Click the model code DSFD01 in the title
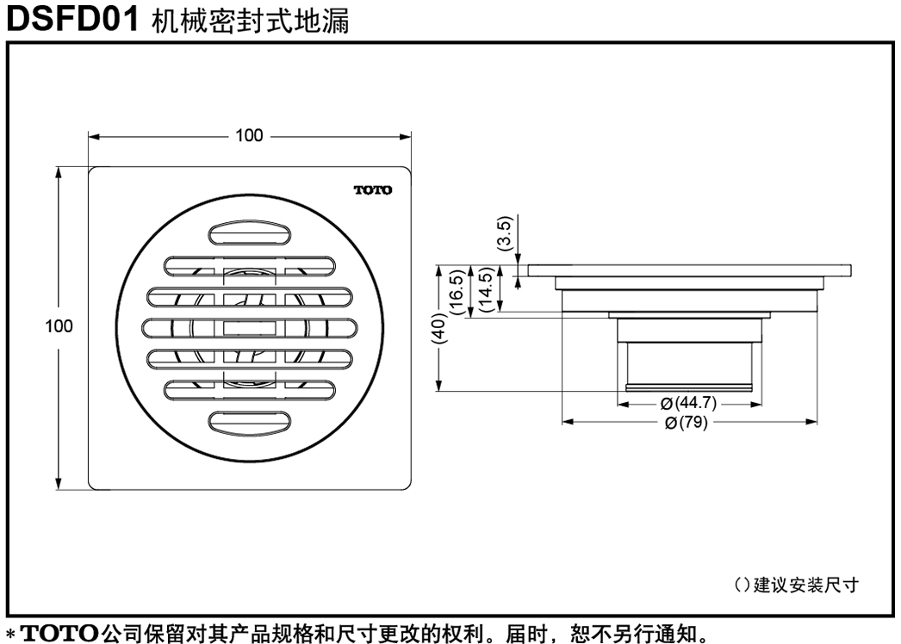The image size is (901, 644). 73,18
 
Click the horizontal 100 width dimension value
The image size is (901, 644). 250,135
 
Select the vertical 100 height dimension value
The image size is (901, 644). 59,325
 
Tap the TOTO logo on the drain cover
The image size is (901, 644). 373,189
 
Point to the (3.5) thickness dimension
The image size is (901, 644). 505,233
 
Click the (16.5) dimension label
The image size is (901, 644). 457,292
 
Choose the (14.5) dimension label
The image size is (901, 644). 486,289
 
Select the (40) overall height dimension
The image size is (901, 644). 439,328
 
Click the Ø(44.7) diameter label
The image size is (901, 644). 688,403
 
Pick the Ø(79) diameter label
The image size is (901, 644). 687,423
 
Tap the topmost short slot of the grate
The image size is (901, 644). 250,233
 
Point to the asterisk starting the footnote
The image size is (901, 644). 10,635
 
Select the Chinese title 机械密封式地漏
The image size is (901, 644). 251,21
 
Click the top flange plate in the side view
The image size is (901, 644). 690,270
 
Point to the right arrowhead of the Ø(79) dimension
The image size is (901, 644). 811,422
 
